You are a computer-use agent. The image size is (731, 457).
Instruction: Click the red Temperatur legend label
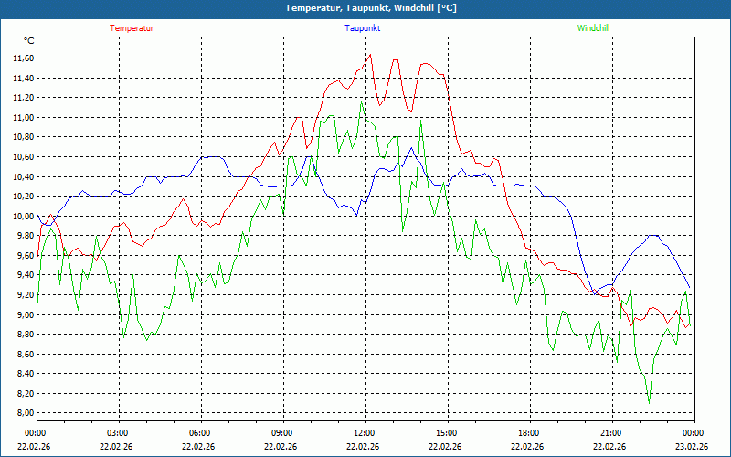[132, 28]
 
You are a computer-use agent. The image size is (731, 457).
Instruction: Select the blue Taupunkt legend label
[363, 28]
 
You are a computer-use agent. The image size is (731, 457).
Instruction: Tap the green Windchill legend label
[594, 28]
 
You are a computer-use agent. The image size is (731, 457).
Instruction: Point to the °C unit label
[29, 41]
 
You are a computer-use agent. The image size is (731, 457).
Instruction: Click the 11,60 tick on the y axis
[23, 58]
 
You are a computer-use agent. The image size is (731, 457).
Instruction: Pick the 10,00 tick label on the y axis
[23, 217]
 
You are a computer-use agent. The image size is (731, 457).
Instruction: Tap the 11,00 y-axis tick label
[23, 118]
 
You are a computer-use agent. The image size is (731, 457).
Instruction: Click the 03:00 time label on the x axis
[117, 433]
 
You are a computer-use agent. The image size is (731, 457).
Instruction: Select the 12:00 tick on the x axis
[364, 433]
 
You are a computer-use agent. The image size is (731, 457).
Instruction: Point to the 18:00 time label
[528, 433]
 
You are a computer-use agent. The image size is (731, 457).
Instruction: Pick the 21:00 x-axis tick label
[610, 433]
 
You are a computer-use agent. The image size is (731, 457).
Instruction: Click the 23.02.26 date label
[693, 447]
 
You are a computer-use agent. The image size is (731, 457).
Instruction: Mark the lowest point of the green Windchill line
[649, 403]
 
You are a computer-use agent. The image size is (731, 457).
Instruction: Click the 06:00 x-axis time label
[199, 433]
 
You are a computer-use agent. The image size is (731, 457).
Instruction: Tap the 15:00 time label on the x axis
[446, 433]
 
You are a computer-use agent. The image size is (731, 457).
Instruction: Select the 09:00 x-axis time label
[281, 433]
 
